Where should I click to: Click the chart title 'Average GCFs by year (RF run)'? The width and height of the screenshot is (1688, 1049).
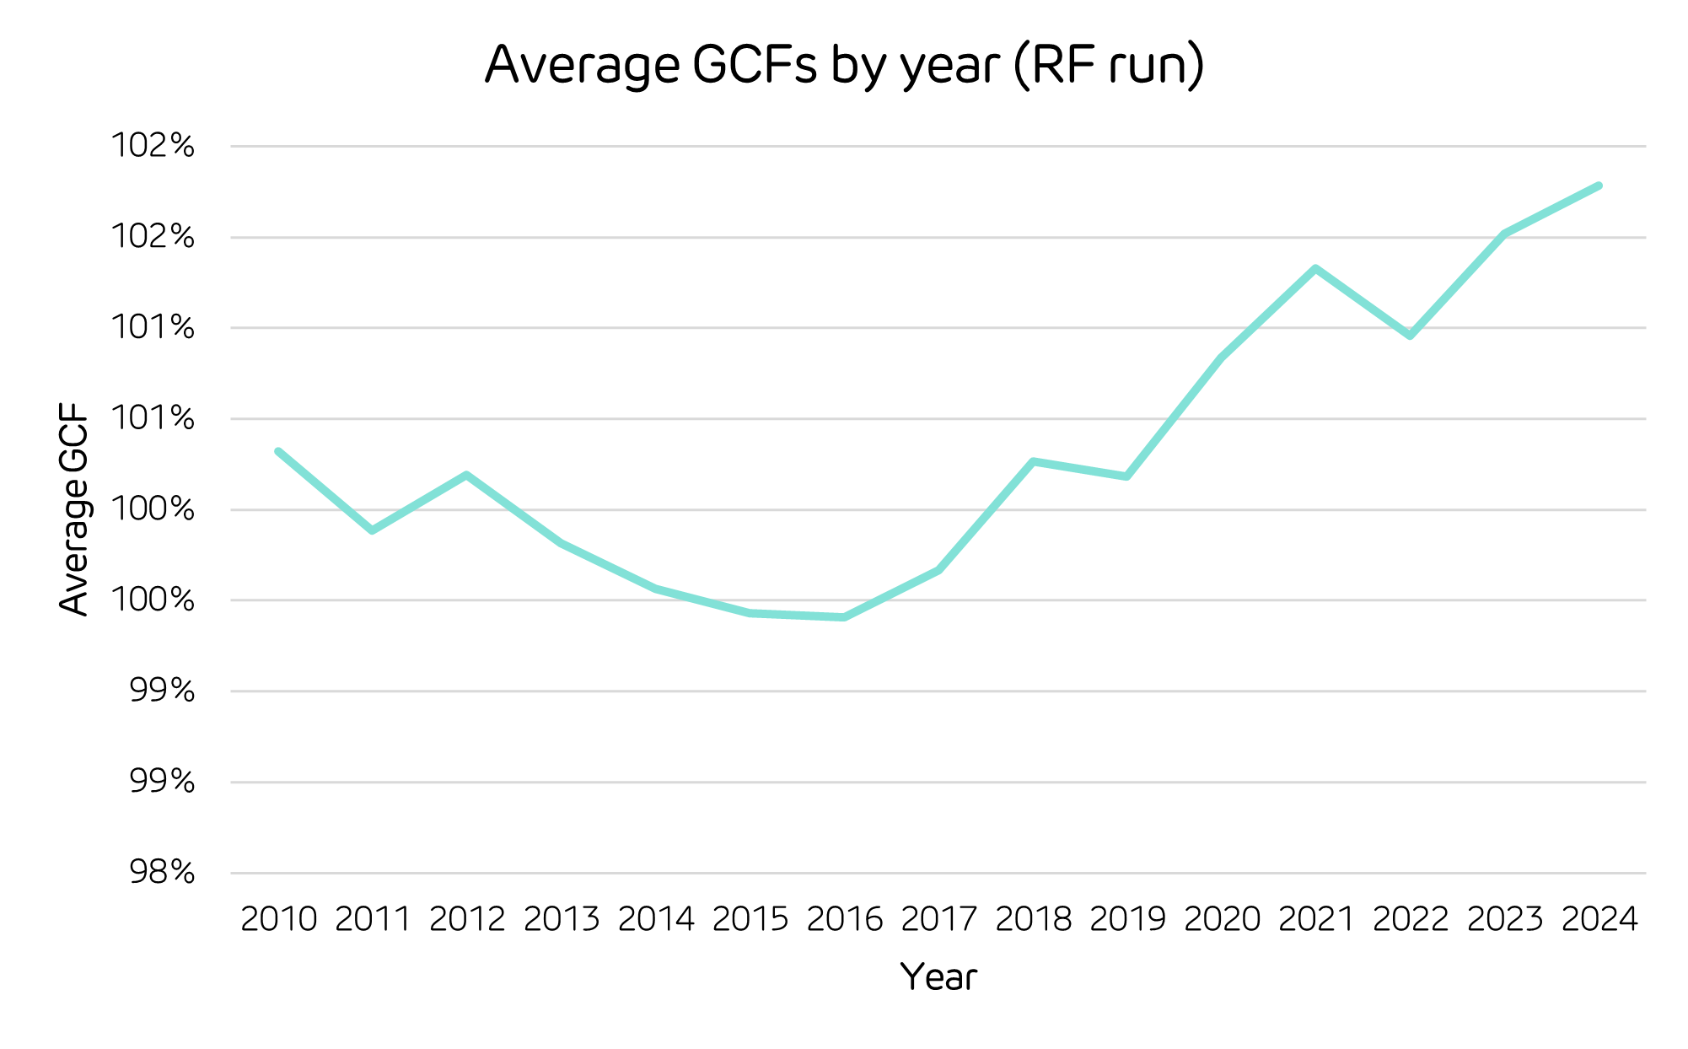point(844,65)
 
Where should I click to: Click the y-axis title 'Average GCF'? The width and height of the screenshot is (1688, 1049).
point(74,509)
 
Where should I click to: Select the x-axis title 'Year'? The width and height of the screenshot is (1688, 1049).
point(938,977)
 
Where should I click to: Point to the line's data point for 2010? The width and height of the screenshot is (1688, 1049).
point(278,451)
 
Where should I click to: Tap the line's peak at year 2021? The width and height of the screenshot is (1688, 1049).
point(1315,268)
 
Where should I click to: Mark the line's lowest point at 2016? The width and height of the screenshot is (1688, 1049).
point(844,617)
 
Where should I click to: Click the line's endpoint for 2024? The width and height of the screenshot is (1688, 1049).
point(1599,186)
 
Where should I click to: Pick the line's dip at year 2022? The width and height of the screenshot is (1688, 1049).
point(1410,336)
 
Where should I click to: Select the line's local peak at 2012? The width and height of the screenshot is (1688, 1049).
point(466,475)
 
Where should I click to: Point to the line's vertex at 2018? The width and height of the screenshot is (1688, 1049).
point(1033,461)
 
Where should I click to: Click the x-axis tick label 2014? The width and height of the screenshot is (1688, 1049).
point(656,919)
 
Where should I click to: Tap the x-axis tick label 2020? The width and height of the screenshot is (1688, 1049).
point(1222,919)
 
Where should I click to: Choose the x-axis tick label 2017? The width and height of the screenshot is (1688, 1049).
point(938,919)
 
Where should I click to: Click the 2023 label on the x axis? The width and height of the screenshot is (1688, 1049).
point(1505,919)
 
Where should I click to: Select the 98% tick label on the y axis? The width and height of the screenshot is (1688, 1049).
point(162,872)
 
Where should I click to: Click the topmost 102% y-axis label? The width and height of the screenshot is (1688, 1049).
point(153,146)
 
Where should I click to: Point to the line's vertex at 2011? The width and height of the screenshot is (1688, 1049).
point(372,530)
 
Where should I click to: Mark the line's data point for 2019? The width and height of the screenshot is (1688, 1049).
point(1127,476)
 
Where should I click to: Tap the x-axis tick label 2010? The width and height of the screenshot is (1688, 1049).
point(278,919)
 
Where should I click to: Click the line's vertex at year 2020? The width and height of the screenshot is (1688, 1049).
point(1222,358)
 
